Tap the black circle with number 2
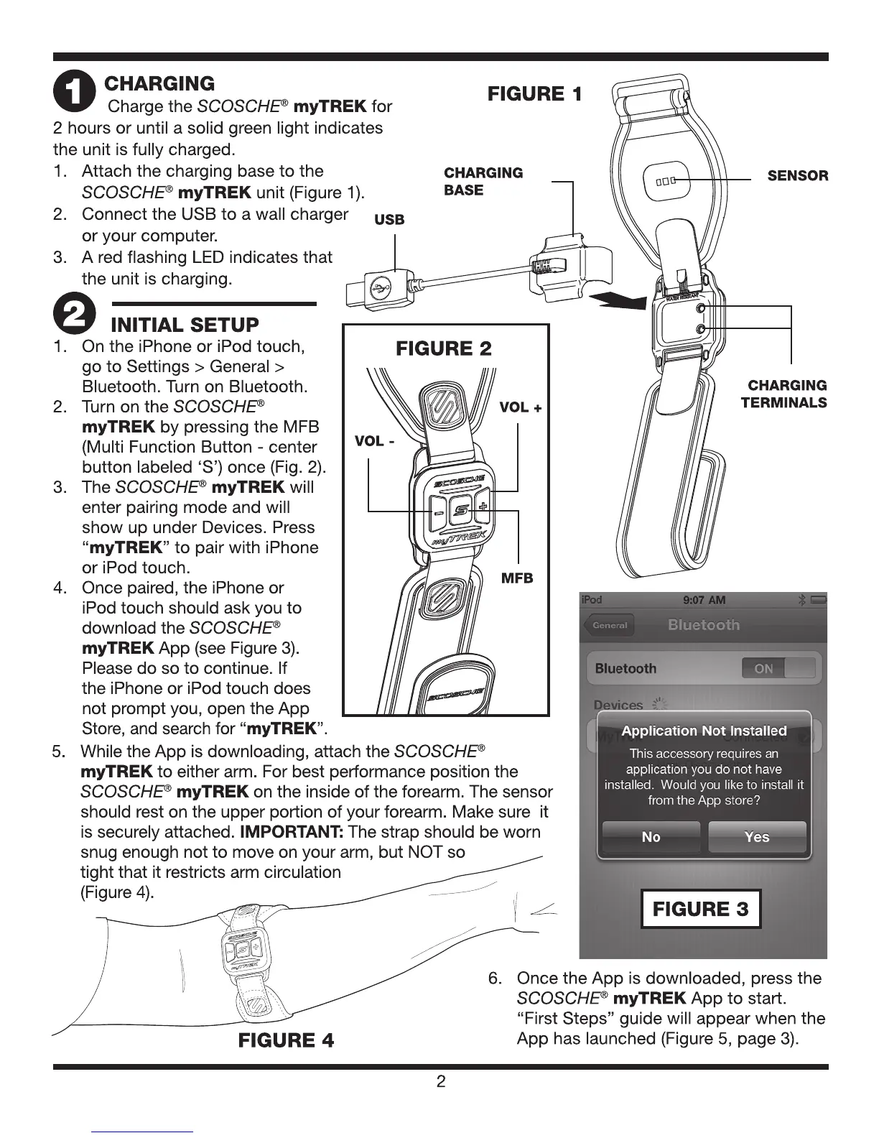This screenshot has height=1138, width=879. pyautogui.click(x=74, y=313)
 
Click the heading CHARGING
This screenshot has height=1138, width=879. pyautogui.click(x=159, y=83)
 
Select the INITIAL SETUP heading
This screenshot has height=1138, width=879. pyautogui.click(x=185, y=325)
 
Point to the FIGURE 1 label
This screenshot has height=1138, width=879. pyautogui.click(x=534, y=94)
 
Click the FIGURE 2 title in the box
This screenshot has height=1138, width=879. pyautogui.click(x=444, y=349)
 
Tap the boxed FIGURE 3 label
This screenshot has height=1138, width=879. pyautogui.click(x=700, y=909)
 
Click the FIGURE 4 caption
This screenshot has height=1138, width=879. pyautogui.click(x=286, y=1040)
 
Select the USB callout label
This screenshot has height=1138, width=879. pyautogui.click(x=389, y=220)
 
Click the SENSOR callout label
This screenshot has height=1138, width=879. pyautogui.click(x=797, y=176)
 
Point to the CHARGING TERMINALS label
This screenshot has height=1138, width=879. pyautogui.click(x=783, y=394)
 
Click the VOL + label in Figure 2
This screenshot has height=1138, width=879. pyautogui.click(x=520, y=407)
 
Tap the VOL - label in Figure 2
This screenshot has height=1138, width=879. pyautogui.click(x=374, y=440)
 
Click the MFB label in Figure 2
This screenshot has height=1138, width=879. pyautogui.click(x=517, y=578)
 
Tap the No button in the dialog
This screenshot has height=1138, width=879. pyautogui.click(x=651, y=837)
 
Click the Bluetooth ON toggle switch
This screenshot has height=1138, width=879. pyautogui.click(x=778, y=668)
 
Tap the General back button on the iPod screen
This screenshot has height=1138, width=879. pyautogui.click(x=609, y=625)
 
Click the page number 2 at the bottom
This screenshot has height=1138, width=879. pyautogui.click(x=441, y=1082)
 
